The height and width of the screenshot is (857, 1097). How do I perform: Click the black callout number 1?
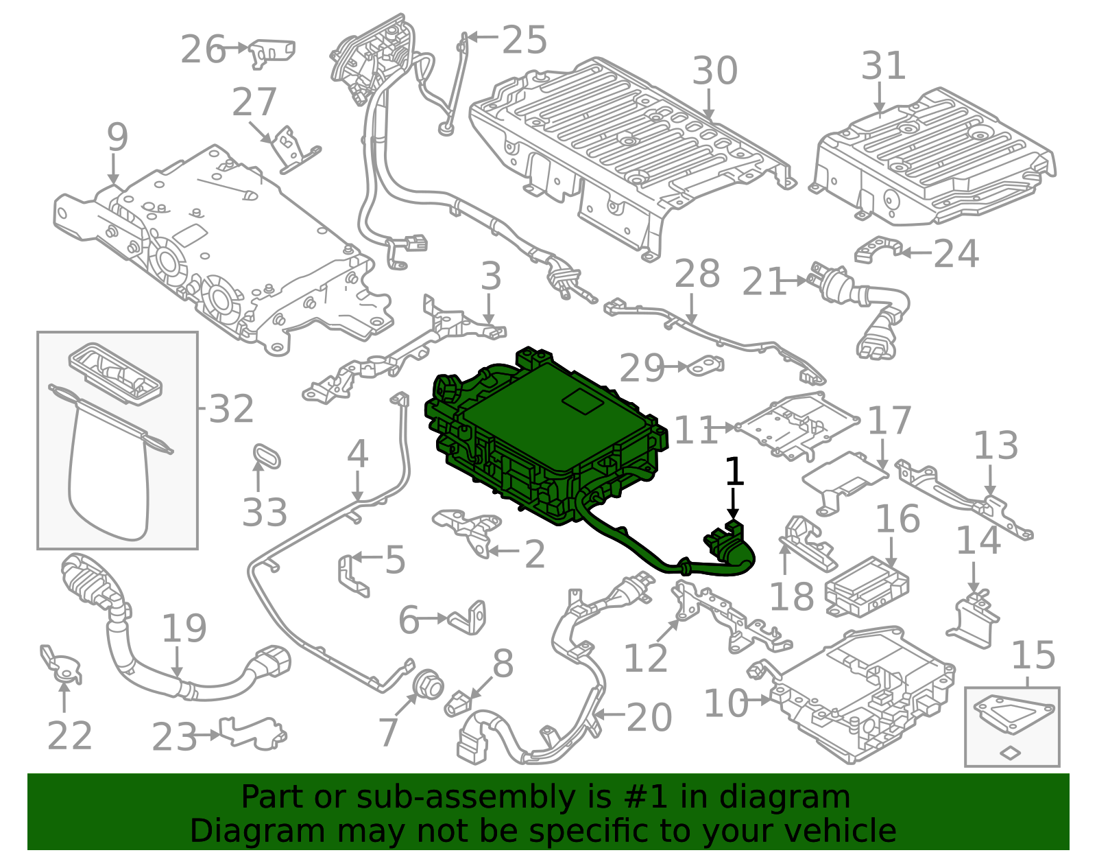pos(734,471)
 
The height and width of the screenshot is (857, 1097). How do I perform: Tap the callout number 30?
pos(715,71)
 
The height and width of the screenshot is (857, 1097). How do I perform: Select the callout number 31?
pos(884,66)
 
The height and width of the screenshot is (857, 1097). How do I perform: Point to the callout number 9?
pos(118,137)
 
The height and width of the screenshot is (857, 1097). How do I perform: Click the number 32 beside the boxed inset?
pos(231,408)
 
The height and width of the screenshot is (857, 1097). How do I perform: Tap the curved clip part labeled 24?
pos(878,249)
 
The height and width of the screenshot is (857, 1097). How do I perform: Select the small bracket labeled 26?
pos(273,53)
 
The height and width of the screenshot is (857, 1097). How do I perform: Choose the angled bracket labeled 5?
pos(353,576)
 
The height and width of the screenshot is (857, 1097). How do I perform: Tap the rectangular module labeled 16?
pos(867,587)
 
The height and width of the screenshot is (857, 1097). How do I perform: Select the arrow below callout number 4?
pos(357,486)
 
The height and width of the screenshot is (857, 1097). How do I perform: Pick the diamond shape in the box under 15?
pos(1010,753)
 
